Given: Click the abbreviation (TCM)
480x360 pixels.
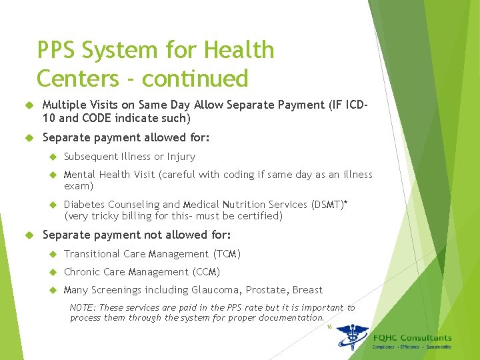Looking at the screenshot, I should pyautogui.click(x=227, y=254).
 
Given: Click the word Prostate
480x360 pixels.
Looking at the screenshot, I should pyautogui.click(x=265, y=290).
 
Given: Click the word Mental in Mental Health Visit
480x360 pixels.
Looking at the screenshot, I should pyautogui.click(x=79, y=175).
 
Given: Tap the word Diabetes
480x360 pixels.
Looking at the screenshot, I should pyautogui.click(x=84, y=205).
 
